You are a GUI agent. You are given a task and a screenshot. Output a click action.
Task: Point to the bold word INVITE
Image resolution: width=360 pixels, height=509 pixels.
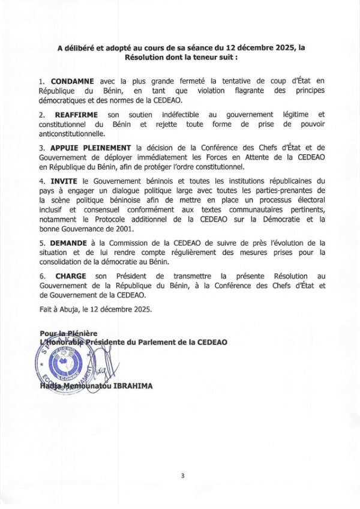(x=64, y=181)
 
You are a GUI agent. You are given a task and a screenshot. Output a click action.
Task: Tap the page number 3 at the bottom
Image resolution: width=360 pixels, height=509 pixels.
(x=182, y=475)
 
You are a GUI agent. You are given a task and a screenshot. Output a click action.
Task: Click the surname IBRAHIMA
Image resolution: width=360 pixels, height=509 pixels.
(x=132, y=387)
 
